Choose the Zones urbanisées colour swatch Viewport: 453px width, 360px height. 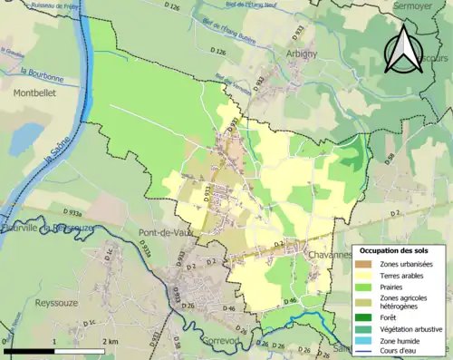coord(364,264)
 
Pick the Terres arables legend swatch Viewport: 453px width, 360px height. coord(364,275)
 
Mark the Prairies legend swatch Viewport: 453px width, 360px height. coord(364,286)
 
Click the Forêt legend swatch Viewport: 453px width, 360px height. coord(364,317)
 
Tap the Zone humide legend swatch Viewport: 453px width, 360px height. coord(364,339)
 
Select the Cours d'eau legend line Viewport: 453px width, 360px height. coord(364,351)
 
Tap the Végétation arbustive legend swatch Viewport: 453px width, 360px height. coord(364,328)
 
